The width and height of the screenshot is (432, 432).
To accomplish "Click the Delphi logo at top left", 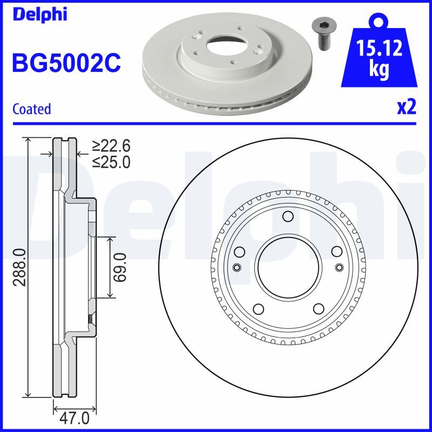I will [x=39, y=15].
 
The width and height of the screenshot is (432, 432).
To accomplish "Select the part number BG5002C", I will [x=66, y=64].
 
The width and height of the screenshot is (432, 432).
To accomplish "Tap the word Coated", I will [x=31, y=109].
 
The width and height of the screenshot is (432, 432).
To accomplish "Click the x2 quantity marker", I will [x=406, y=107].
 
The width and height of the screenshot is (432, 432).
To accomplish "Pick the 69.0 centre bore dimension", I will [x=119, y=267].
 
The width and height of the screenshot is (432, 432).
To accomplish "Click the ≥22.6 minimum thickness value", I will [x=111, y=146].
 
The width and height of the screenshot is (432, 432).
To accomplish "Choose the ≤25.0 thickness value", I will [x=111, y=161].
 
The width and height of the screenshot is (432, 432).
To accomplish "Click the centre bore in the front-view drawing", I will [x=287, y=267].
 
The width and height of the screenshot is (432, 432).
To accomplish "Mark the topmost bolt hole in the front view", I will [x=287, y=217].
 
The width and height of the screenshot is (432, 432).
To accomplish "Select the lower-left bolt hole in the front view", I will [x=258, y=309].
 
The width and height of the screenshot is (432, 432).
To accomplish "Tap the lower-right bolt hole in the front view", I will [x=317, y=309].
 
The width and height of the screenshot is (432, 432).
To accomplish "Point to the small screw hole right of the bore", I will [x=339, y=267].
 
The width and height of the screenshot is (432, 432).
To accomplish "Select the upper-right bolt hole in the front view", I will [x=336, y=252].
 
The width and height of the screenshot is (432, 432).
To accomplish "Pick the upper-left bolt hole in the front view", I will [x=239, y=252].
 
